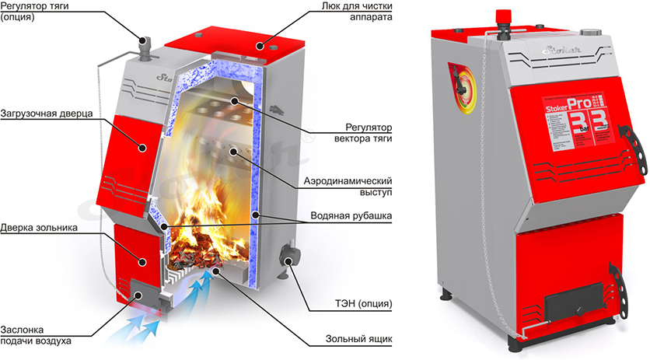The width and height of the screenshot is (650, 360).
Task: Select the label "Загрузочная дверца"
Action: point(47,113)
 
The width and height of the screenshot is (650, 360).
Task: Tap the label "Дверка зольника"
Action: point(40,229)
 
